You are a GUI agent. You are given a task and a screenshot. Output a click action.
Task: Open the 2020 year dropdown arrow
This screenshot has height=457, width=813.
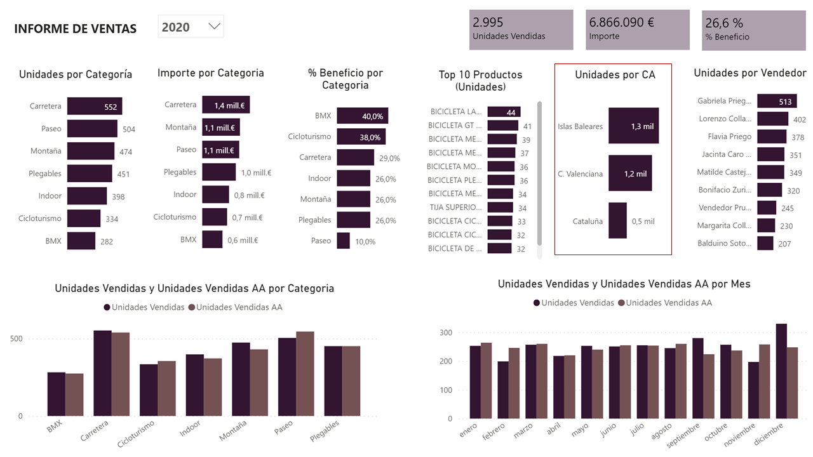point(214,27)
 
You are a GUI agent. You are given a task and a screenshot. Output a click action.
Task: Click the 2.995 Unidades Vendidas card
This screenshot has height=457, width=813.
point(521,29)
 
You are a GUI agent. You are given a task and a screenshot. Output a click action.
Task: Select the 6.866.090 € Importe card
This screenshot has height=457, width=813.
point(638,29)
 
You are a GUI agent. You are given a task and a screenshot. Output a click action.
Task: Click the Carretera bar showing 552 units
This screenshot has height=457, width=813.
point(94,106)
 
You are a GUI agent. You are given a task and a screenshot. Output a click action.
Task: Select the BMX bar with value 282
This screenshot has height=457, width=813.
point(81,241)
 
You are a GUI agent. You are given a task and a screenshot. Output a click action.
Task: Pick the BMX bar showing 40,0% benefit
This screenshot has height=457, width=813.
point(362,116)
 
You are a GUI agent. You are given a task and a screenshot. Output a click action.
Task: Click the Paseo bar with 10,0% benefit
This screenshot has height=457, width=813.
point(343,241)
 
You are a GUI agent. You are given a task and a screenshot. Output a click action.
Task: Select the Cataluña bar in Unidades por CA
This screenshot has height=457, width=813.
point(617,221)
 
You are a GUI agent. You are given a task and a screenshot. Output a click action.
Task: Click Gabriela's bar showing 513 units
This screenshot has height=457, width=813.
point(776,101)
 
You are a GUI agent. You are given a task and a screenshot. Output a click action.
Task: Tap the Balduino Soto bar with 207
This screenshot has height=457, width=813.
point(765,243)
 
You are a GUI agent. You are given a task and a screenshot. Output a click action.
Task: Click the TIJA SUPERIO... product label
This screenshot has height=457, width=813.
point(454,208)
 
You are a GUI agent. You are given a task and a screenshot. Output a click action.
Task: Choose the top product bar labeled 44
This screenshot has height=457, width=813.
point(504,112)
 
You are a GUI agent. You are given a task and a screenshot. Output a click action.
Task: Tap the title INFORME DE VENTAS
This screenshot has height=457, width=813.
point(75,29)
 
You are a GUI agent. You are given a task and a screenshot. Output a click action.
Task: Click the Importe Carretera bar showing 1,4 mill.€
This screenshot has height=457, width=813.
point(225,105)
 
